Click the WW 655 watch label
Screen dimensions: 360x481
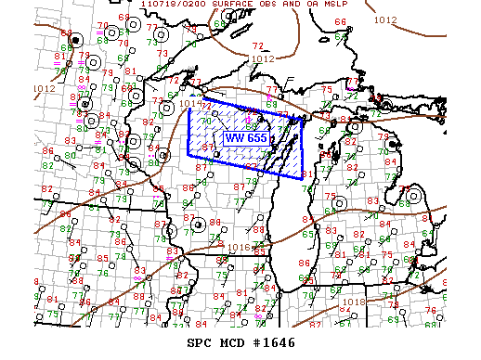[x=245, y=138]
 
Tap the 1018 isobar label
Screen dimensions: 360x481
[x=353, y=302]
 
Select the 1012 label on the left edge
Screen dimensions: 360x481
[x=44, y=89]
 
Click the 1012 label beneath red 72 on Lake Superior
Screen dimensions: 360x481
[x=262, y=58]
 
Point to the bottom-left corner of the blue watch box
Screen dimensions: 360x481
[x=188, y=154]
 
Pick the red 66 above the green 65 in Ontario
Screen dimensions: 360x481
[x=339, y=21]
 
